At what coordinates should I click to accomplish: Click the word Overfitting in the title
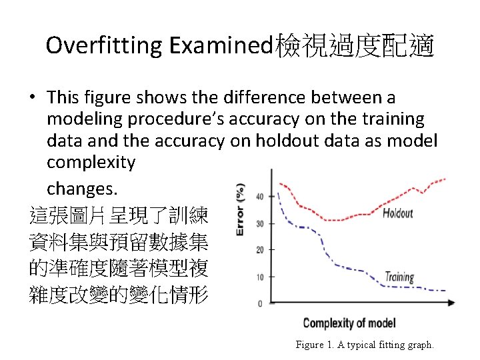pos(105,46)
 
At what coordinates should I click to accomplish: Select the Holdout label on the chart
pos(398,214)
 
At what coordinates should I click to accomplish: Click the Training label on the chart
pos(399,277)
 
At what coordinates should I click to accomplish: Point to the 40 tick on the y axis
pos(259,196)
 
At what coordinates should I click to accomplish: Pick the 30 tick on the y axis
pos(259,223)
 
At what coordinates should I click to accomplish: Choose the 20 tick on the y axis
pos(259,250)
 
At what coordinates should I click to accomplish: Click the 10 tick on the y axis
pos(259,277)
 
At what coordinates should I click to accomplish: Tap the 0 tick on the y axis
pos(261,303)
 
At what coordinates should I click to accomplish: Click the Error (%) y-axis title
pos(241,210)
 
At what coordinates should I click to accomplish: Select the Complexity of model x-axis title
pos(349,323)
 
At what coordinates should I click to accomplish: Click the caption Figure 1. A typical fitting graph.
pos(365,345)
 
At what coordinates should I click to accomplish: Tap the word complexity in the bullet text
pos(91,162)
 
